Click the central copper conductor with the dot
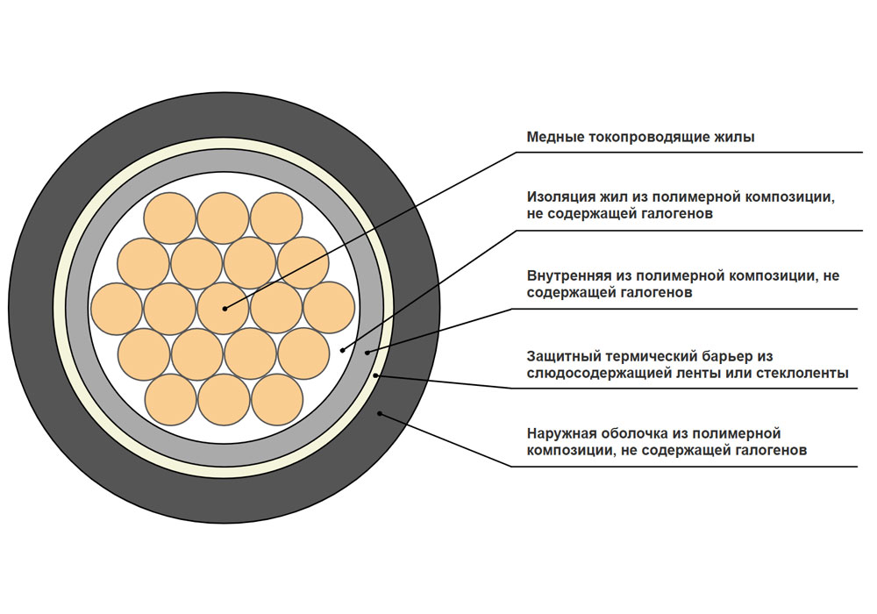click(223, 309)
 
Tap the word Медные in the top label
click(555, 137)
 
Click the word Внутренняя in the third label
click(567, 275)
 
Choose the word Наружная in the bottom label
click(560, 434)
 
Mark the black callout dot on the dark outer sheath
click(380, 414)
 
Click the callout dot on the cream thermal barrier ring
click(376, 375)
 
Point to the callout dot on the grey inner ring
click(367, 352)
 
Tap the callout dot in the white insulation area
click(343, 350)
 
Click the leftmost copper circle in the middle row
click(117, 309)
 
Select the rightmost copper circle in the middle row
click(330, 308)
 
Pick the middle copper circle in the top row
click(223, 218)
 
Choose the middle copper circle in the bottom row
click(224, 400)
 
